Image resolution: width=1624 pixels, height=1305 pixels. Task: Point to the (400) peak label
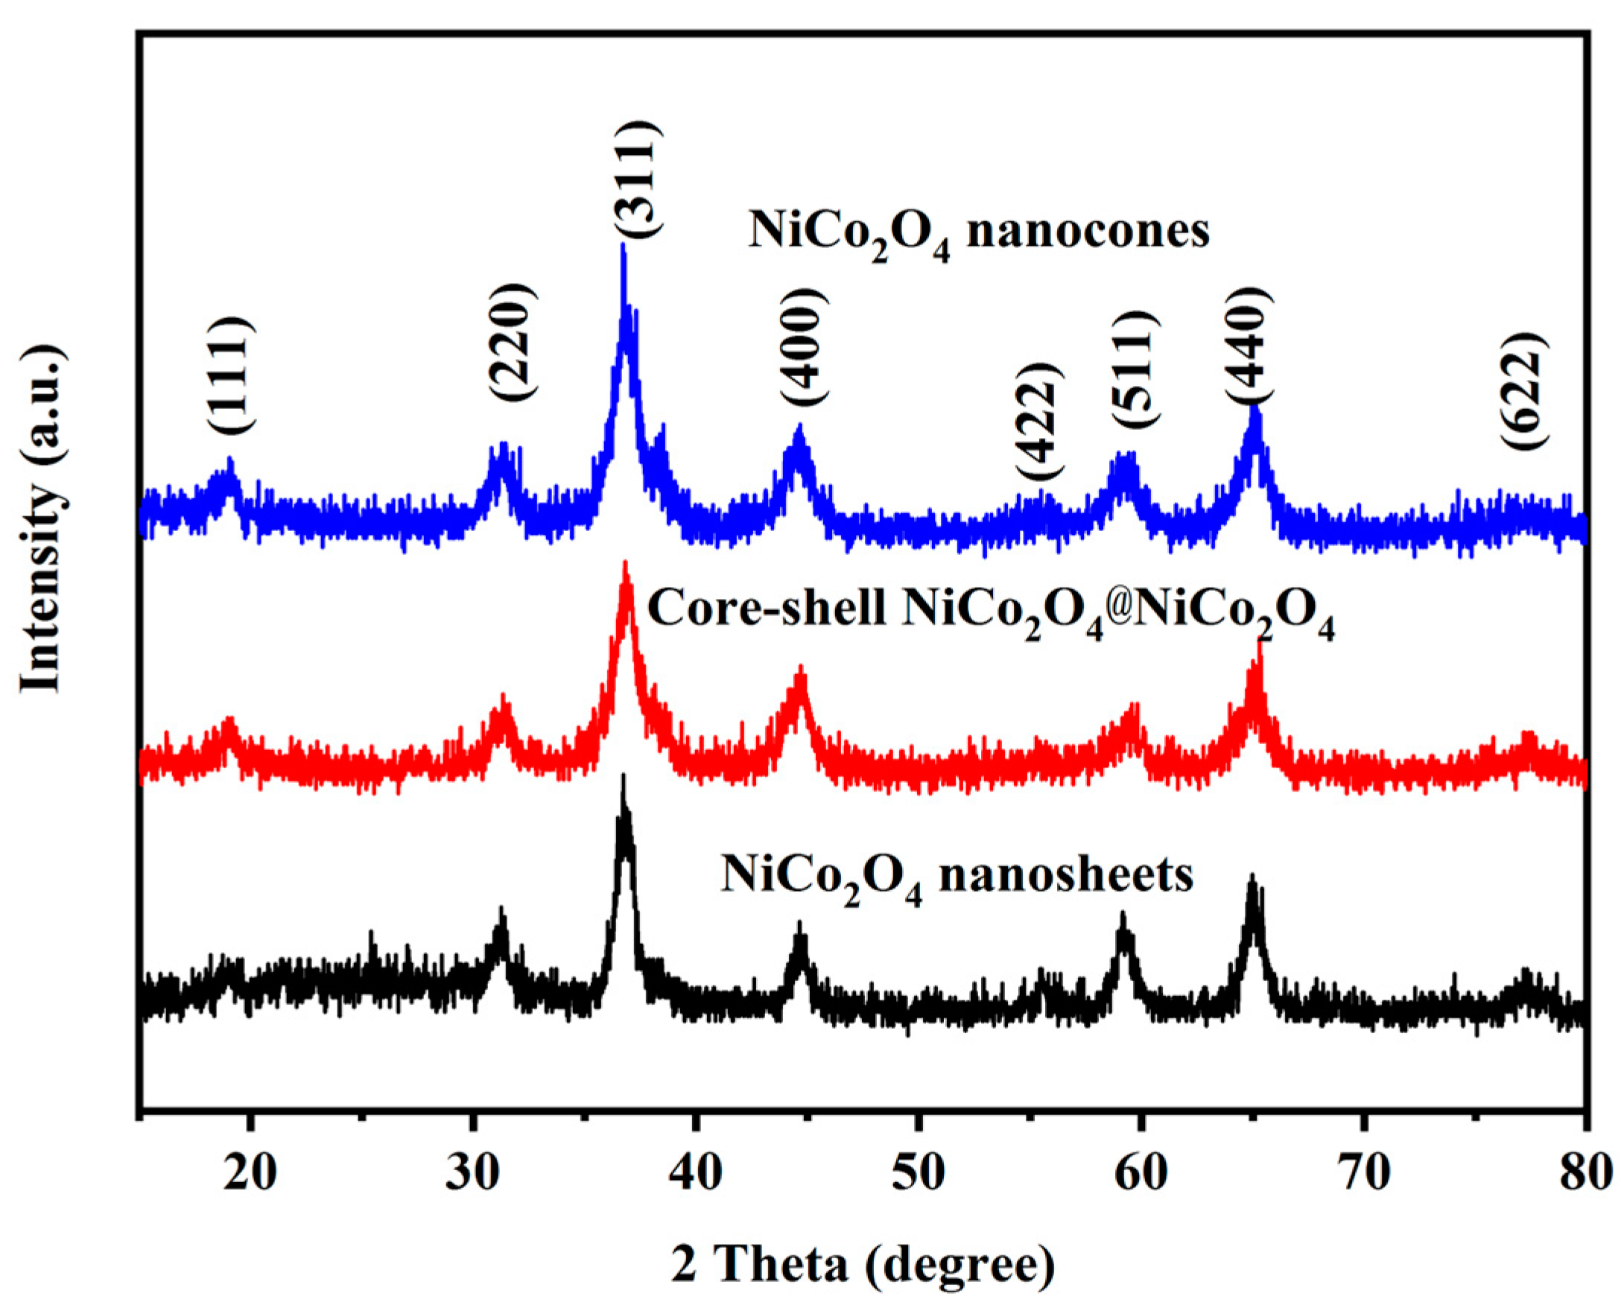(x=804, y=348)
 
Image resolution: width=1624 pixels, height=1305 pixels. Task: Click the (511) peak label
(x=1135, y=369)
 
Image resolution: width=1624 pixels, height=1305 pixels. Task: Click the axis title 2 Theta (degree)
(x=863, y=1265)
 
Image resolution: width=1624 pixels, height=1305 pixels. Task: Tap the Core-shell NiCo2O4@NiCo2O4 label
(x=991, y=610)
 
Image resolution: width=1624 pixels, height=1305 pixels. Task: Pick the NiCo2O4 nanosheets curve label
(x=957, y=876)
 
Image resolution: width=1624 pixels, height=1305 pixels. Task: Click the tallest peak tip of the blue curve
(x=623, y=246)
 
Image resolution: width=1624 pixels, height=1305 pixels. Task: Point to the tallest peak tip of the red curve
(x=625, y=563)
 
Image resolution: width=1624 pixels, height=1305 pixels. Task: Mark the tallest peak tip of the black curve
(x=623, y=776)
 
